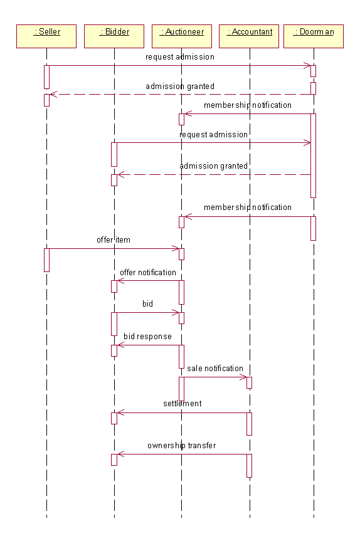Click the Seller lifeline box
[x=46, y=36]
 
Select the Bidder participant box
[x=114, y=36]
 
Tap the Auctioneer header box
[x=181, y=36]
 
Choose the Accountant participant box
[x=249, y=36]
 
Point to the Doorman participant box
[x=314, y=36]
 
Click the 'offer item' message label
[x=114, y=240]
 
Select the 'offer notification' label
[x=148, y=272]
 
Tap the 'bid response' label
[x=147, y=337]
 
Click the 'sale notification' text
[x=215, y=369]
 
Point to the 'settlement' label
[x=183, y=403]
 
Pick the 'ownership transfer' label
[x=181, y=446]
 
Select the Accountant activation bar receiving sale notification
[x=249, y=382]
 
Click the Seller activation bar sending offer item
[x=46, y=260]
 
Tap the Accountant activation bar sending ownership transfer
[x=249, y=466]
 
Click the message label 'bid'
[x=147, y=303]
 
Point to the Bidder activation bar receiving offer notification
[x=114, y=286]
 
